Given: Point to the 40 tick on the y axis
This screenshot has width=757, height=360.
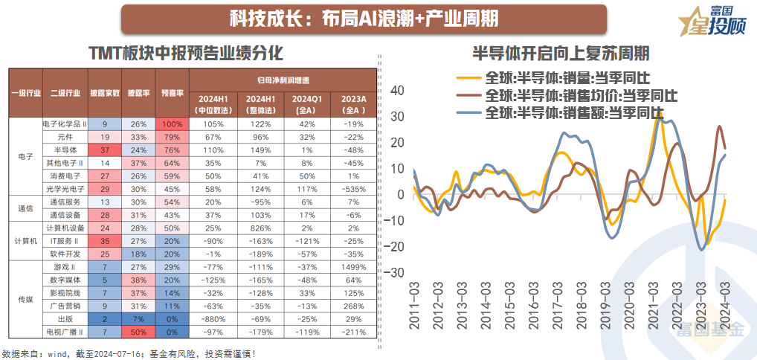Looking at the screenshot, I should pyautogui.click(x=397, y=91).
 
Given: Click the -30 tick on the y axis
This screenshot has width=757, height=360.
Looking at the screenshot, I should pyautogui.click(x=394, y=273).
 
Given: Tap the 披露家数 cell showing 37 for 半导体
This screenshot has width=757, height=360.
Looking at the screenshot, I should pyautogui.click(x=104, y=150).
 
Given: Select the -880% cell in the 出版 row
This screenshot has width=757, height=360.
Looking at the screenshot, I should pyautogui.click(x=213, y=318).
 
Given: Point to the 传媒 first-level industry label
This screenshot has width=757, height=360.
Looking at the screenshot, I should pyautogui.click(x=25, y=299).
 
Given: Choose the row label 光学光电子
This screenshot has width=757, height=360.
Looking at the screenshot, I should pyautogui.click(x=65, y=189).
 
